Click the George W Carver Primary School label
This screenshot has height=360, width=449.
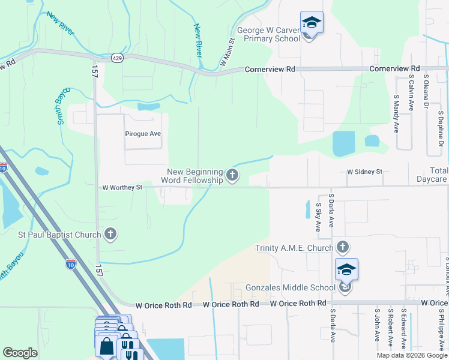(x=268, y=34)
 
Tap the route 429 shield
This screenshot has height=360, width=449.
(x=118, y=58)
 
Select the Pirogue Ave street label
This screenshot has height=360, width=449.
(x=143, y=133)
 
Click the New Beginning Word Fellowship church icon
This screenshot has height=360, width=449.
(x=233, y=176)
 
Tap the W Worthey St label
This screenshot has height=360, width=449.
(x=122, y=187)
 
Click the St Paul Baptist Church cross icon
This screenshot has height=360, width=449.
(x=110, y=234)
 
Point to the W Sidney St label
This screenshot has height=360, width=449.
(x=364, y=172)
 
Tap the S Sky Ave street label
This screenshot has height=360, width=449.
(x=318, y=217)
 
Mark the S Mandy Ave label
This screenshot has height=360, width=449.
(x=396, y=113)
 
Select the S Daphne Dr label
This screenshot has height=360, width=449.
(x=441, y=128)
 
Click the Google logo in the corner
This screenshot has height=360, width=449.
(x=20, y=353)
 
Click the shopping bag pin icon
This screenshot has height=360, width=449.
(x=106, y=346)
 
